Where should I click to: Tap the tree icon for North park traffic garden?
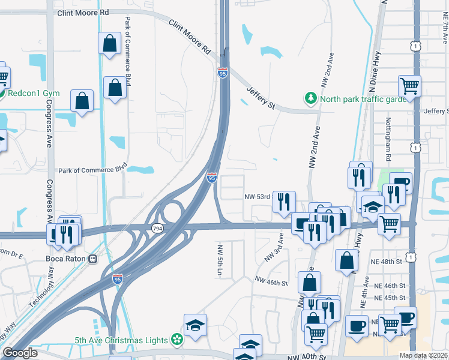[310, 98]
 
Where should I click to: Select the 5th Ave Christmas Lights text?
[121, 340]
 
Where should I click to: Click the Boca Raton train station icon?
[93, 259]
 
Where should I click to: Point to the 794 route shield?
[157, 229]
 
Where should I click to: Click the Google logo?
[20, 353]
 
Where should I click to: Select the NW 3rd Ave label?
[274, 249]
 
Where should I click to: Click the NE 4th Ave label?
[364, 302]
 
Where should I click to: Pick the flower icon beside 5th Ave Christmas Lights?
[176, 340]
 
